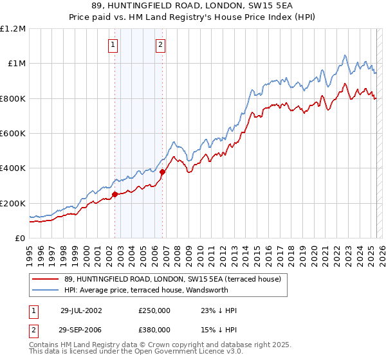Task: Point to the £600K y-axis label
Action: pyautogui.click(x=13, y=133)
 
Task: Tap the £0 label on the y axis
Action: pyautogui.click(x=21, y=238)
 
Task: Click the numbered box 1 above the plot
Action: pyautogui.click(x=113, y=45)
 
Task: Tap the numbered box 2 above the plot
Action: pyautogui.click(x=160, y=45)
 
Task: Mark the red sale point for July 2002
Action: pyautogui.click(x=115, y=194)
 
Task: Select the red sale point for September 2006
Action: pyautogui.click(x=162, y=172)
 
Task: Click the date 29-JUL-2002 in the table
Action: pyautogui.click(x=81, y=310)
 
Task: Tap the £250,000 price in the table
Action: pyautogui.click(x=154, y=310)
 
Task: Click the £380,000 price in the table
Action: pyautogui.click(x=154, y=329)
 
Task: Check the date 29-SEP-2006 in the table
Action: pyautogui.click(x=81, y=329)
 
